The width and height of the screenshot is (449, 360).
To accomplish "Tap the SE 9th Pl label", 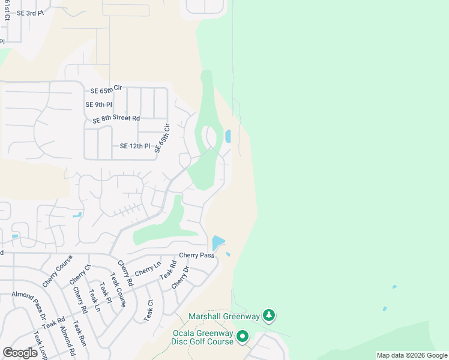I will [x=98, y=104].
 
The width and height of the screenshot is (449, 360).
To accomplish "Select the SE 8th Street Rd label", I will [x=116, y=119].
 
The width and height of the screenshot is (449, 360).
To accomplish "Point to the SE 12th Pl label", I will [x=135, y=146].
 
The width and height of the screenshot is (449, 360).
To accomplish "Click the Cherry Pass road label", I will [x=196, y=255].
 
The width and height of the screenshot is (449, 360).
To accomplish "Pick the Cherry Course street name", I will [x=57, y=271].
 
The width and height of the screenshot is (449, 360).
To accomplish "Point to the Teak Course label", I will [x=118, y=290].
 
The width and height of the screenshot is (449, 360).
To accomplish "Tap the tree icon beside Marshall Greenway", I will [x=270, y=315].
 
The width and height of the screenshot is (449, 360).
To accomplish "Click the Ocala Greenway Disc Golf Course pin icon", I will [x=243, y=337].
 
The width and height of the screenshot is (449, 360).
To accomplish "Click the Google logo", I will [x=20, y=353].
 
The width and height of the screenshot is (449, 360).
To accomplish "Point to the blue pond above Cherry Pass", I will [x=217, y=243].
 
